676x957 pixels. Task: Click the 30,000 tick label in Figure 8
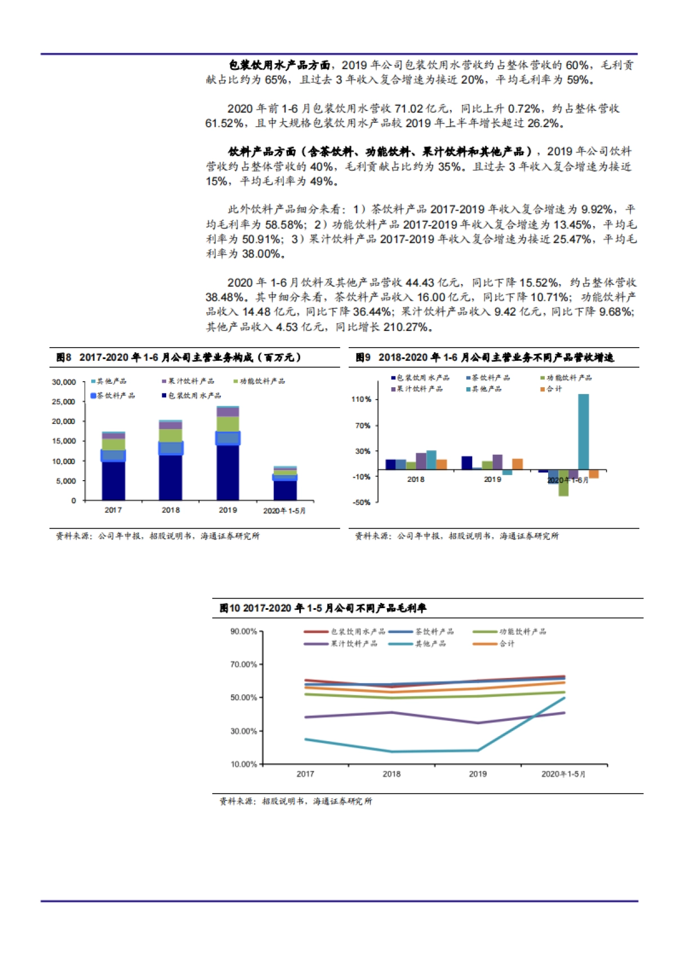[x=64, y=382]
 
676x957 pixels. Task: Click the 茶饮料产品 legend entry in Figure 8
[x=113, y=396]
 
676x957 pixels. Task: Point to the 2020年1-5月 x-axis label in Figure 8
[x=284, y=511]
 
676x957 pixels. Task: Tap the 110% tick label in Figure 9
[x=361, y=399]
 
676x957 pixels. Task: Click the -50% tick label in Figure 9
[x=361, y=502]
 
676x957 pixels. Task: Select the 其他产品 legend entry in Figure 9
[x=484, y=389]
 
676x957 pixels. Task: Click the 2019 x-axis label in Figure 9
[x=492, y=479]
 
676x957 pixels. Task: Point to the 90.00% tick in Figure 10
[x=243, y=631]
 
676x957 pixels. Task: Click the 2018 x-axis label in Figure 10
[x=392, y=774]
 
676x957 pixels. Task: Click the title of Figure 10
[x=323, y=608]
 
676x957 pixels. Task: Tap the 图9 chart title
[x=484, y=357]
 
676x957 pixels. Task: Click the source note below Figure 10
[x=296, y=801]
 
